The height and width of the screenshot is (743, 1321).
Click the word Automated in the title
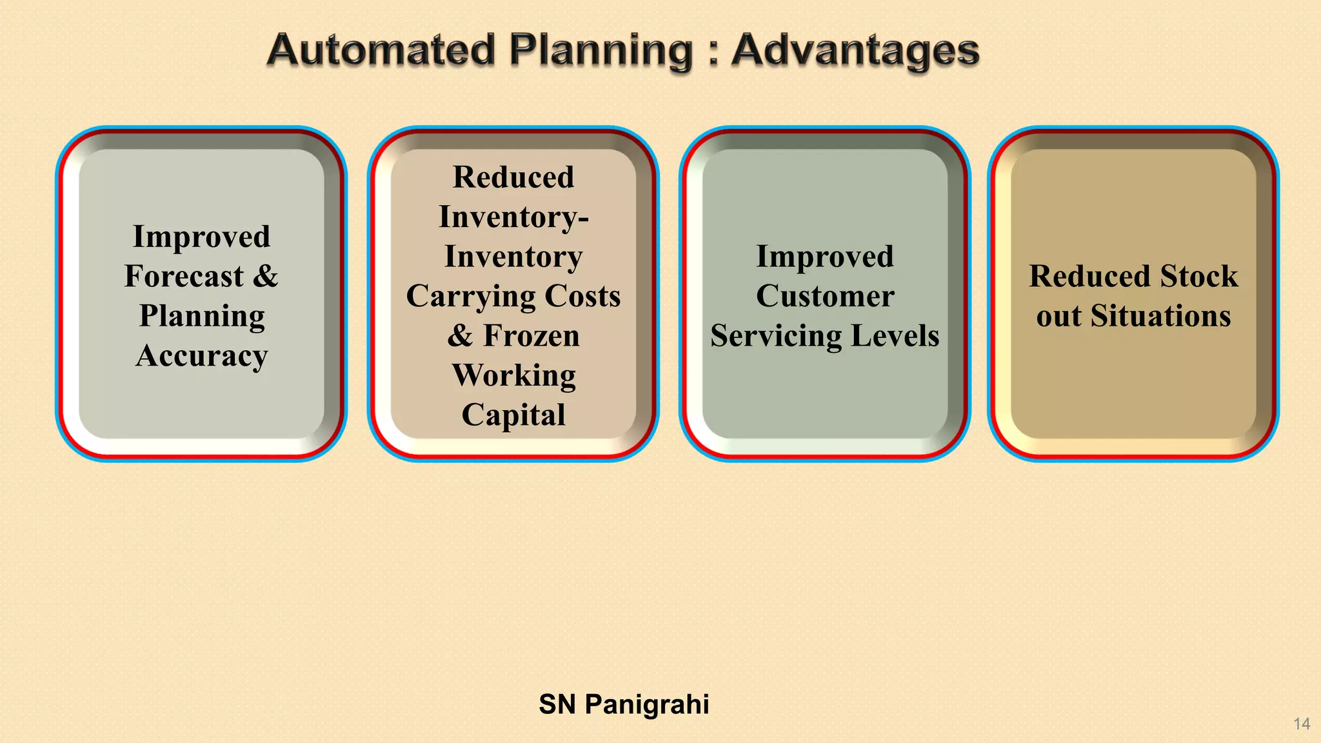(x=381, y=50)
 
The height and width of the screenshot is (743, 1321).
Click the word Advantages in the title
(x=855, y=50)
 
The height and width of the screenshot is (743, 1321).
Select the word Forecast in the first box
(x=184, y=276)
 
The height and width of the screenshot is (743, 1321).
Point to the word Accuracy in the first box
(x=201, y=355)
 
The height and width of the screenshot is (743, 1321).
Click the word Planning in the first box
(x=201, y=316)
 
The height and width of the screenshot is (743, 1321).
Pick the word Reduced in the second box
(x=513, y=177)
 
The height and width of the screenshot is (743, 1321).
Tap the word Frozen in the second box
(x=531, y=335)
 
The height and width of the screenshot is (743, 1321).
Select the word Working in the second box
(x=513, y=375)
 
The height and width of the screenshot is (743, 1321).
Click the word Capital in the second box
(x=513, y=415)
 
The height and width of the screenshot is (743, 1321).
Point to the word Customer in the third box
(x=825, y=296)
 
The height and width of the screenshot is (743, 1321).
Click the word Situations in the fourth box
(x=1160, y=316)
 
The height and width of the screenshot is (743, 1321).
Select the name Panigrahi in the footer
(x=646, y=704)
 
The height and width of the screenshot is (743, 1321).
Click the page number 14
(x=1301, y=724)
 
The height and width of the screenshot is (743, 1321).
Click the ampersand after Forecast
(x=265, y=276)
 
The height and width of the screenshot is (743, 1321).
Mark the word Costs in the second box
(x=582, y=296)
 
